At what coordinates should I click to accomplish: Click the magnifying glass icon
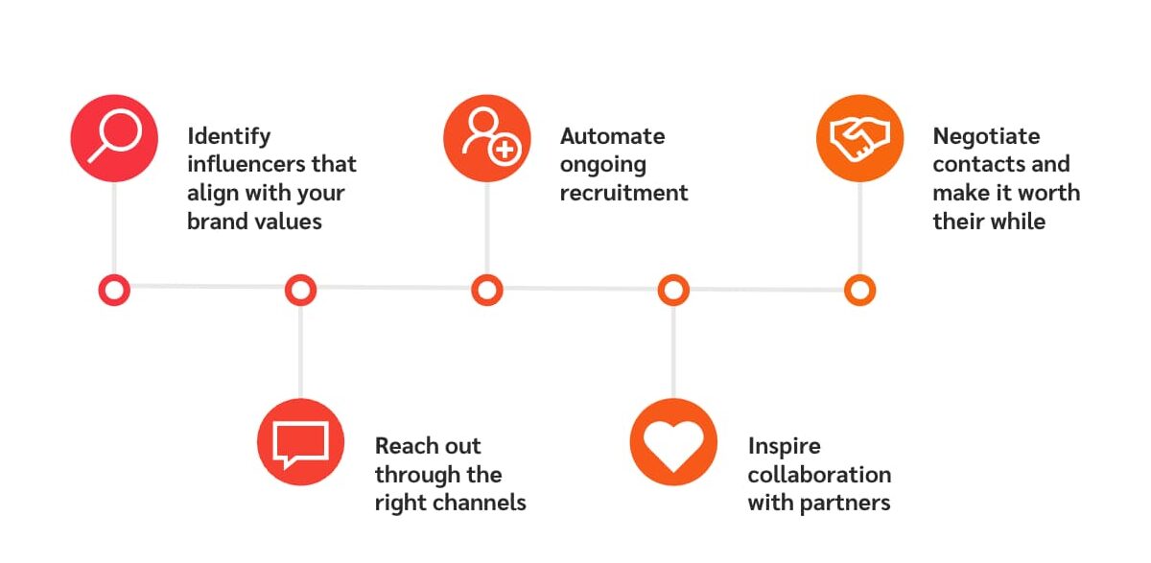(113, 138)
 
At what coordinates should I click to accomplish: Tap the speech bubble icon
(300, 442)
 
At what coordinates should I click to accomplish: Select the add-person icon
(487, 138)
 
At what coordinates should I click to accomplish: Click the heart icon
(673, 442)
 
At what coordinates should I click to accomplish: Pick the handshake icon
(859, 138)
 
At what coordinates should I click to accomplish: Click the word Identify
(229, 136)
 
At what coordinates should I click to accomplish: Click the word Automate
(612, 136)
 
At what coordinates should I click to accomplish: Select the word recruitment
(623, 193)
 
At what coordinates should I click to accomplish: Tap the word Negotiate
(986, 136)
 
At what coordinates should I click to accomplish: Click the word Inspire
(784, 446)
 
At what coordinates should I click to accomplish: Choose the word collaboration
(819, 474)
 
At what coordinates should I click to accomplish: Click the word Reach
(400, 446)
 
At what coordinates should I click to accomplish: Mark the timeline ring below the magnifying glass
(114, 290)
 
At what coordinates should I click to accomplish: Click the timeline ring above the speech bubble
(300, 290)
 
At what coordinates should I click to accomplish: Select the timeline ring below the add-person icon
(487, 290)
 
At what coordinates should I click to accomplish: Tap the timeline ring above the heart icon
(673, 290)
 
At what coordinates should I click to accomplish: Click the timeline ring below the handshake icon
(859, 290)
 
